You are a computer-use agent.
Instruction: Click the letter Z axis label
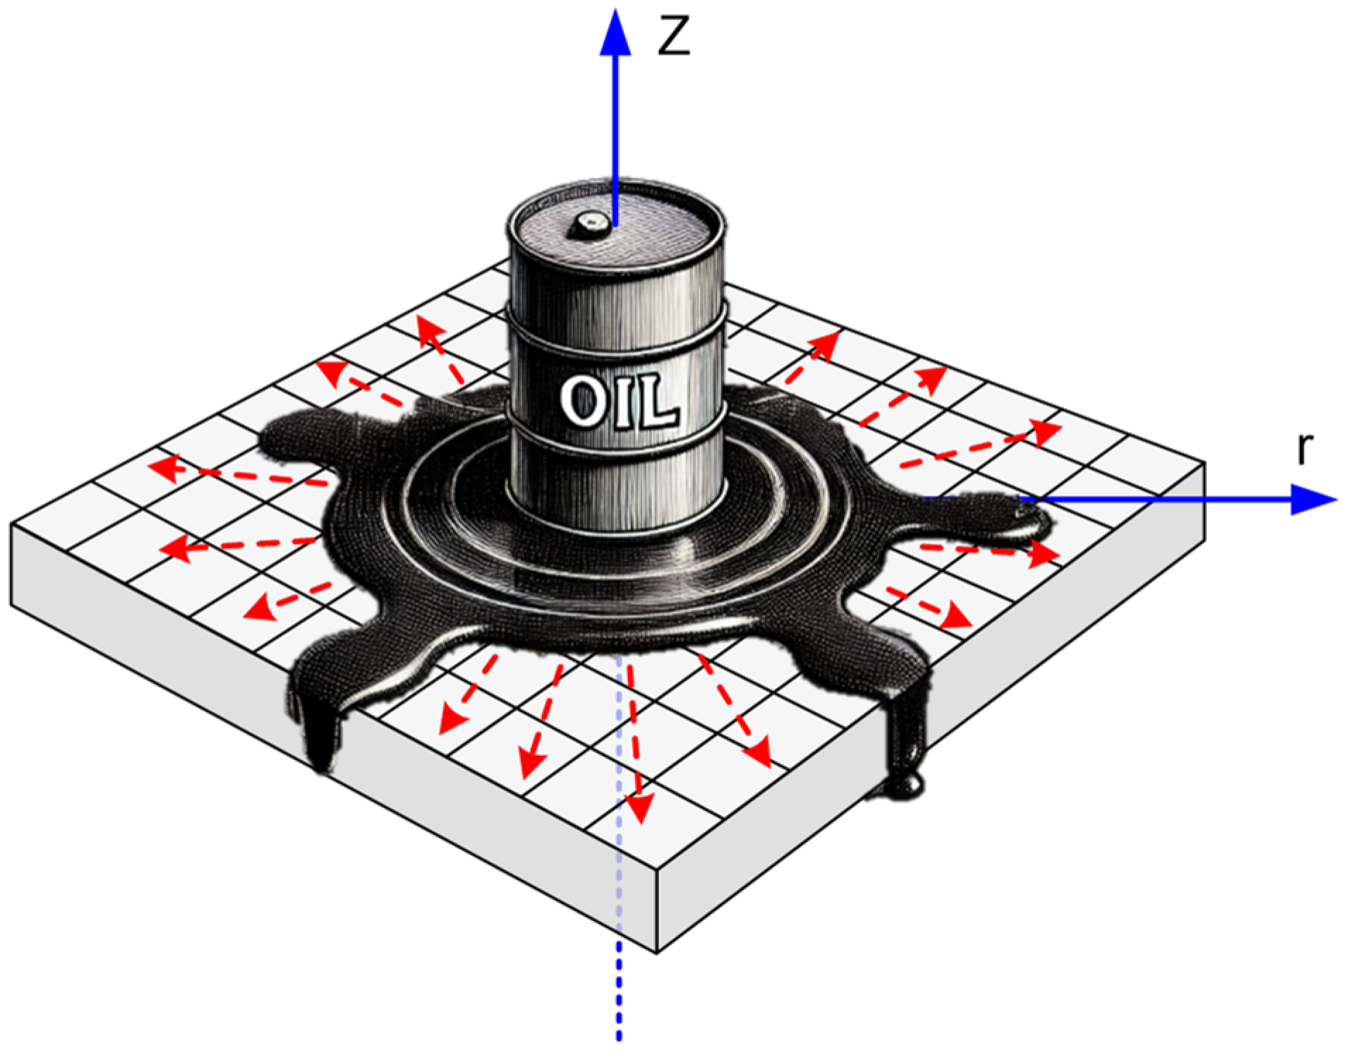[x=673, y=36]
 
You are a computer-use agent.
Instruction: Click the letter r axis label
[x=1306, y=449]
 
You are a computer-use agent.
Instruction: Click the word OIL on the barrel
[x=620, y=402]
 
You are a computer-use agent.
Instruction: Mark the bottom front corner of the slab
[x=657, y=954]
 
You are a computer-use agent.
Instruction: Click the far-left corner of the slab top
[x=11, y=524]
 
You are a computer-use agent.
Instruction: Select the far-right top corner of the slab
[x=1205, y=463]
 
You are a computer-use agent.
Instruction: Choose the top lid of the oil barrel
[x=615, y=224]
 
